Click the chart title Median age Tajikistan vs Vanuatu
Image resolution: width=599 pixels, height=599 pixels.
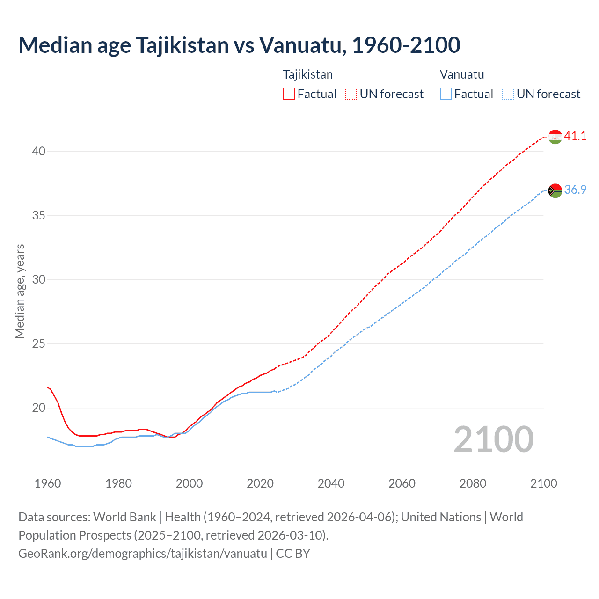(239, 45)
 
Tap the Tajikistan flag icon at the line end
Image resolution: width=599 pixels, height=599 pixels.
(555, 137)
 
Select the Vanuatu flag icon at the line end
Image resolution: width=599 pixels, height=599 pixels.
(555, 190)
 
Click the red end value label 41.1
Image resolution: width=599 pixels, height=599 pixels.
(575, 136)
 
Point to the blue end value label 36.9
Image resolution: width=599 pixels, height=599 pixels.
(575, 190)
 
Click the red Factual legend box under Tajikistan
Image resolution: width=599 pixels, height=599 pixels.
(289, 94)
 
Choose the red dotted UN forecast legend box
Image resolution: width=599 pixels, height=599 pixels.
(351, 94)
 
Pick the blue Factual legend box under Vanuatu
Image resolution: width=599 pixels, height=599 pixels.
(446, 94)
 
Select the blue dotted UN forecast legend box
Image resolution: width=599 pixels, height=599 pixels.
(508, 94)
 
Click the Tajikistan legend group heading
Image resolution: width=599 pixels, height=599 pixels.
(307, 74)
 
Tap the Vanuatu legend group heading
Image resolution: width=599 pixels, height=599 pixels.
(461, 74)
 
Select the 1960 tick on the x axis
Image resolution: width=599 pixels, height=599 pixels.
(48, 483)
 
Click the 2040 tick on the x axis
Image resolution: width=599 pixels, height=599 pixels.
(331, 483)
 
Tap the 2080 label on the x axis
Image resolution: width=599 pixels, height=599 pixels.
(473, 483)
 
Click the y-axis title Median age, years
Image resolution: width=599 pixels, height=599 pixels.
(20, 291)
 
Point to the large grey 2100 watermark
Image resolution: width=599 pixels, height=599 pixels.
(493, 439)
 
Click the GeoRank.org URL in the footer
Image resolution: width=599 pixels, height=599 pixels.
(143, 554)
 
